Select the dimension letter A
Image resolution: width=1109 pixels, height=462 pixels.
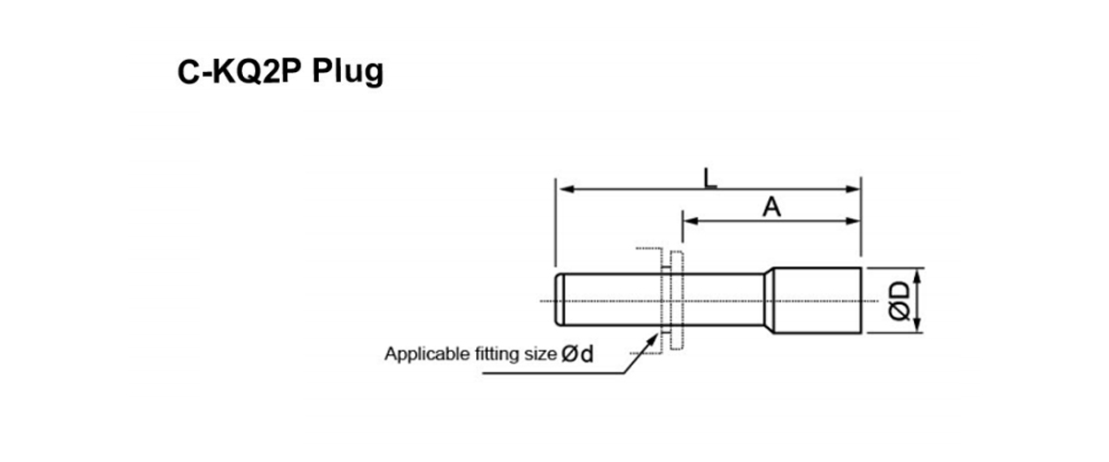(x=772, y=207)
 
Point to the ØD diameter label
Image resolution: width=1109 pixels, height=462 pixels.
(x=901, y=299)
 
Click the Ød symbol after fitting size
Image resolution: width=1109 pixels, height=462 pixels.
(x=578, y=354)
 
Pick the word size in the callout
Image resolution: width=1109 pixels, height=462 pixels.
(x=540, y=354)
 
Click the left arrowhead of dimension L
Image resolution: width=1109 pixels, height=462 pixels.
(x=561, y=188)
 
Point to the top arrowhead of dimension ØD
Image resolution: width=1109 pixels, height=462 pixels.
(x=916, y=273)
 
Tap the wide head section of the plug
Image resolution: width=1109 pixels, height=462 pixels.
(x=817, y=300)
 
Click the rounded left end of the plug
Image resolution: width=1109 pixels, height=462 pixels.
(x=558, y=299)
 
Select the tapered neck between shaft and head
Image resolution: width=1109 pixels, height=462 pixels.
(x=767, y=299)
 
